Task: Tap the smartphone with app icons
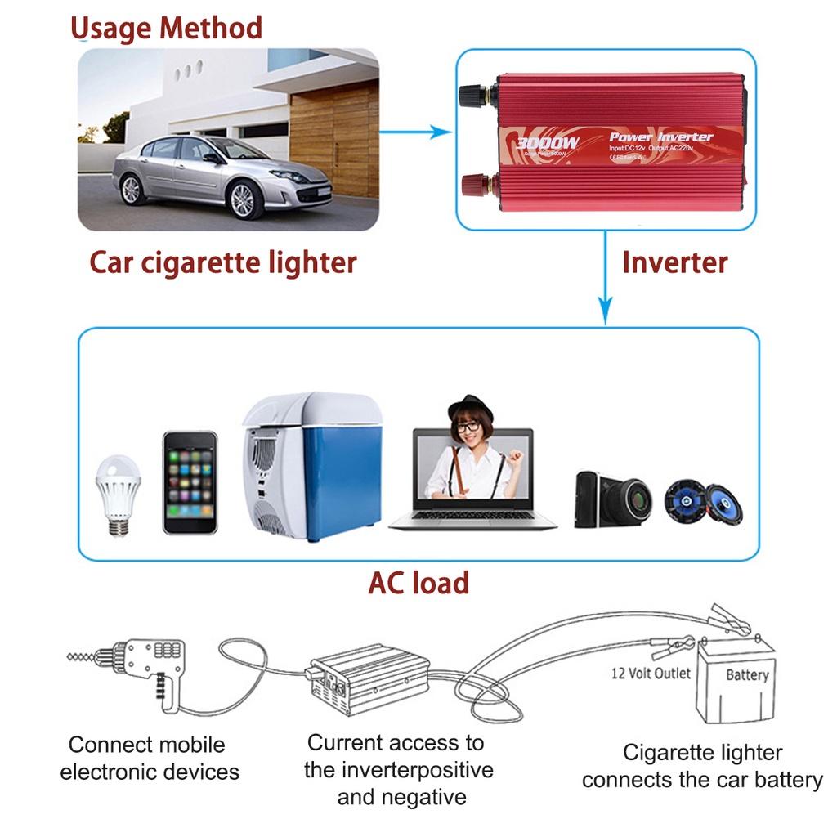190,482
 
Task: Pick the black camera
613,498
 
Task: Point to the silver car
221,172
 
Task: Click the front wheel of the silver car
242,199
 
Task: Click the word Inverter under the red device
674,262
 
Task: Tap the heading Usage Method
167,29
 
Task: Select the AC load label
418,583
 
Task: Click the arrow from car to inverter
417,130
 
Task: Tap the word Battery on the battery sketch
747,675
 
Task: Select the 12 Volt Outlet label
651,674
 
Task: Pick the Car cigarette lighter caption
223,262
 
